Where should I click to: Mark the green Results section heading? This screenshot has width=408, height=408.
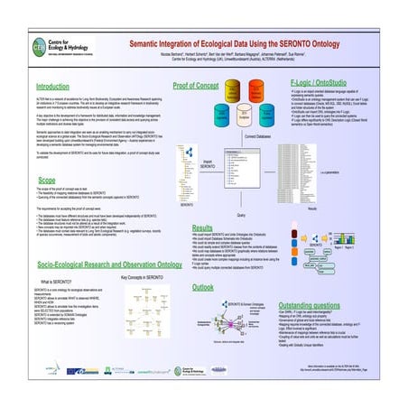(x=202, y=227)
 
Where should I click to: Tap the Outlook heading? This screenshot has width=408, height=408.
(x=203, y=286)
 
